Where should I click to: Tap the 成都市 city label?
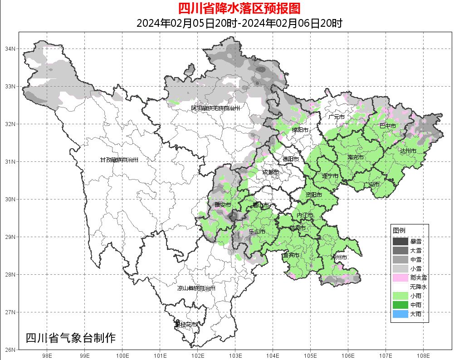tap(270, 172)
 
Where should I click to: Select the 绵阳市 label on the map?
tap(300, 130)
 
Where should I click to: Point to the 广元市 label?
tap(337, 117)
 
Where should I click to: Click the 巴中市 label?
tap(387, 126)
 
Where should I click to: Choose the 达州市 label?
tap(408, 151)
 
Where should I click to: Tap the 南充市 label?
tap(356, 157)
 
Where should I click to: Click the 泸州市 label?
tap(339, 257)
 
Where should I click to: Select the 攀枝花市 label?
tap(186, 325)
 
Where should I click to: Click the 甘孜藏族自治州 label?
tap(119, 160)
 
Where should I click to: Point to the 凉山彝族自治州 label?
tap(196, 288)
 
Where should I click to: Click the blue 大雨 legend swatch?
tap(400, 314)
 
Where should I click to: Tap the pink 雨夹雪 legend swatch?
tap(400, 277)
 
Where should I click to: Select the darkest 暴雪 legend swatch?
tap(400, 241)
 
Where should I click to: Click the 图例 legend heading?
tap(399, 230)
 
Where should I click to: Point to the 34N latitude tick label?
tap(10, 49)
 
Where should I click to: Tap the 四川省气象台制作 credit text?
tap(70, 338)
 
